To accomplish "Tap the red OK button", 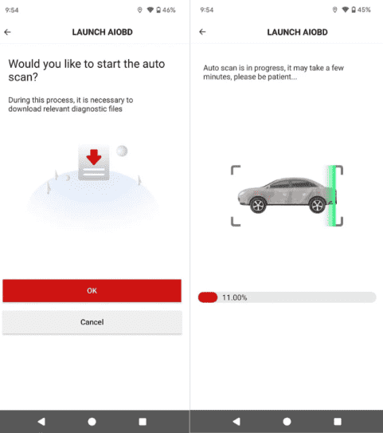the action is (92, 290).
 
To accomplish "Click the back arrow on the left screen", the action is (7, 32).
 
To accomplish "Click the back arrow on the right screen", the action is (202, 32).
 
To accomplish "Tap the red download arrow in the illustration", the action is (94, 157).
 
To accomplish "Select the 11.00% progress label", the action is (235, 297).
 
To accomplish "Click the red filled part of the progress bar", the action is (208, 297).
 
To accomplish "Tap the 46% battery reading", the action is (169, 10).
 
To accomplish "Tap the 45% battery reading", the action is (364, 10).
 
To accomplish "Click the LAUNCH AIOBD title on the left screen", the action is (102, 32).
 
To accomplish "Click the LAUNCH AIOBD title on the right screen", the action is (297, 32).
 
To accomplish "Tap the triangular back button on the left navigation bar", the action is (41, 421).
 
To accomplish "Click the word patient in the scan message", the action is (277, 77).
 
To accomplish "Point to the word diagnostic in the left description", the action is (82, 108).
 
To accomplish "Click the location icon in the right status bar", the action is (334, 10).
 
